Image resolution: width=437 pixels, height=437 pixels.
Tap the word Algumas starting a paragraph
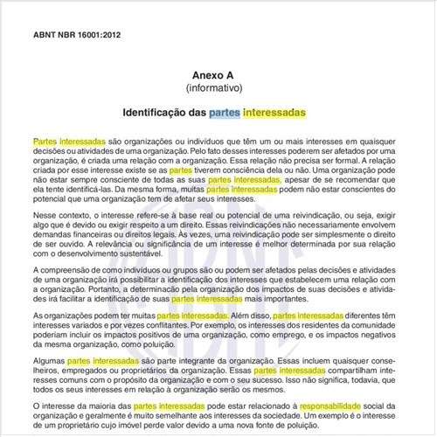click(50, 360)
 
